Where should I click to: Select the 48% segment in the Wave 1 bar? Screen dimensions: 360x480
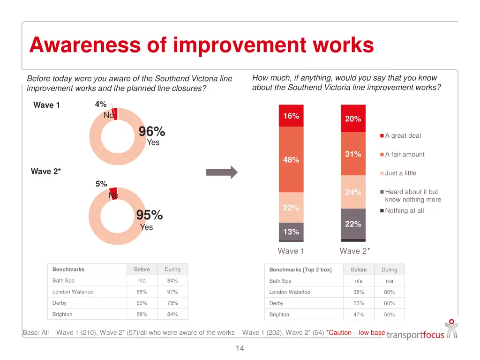(x=291, y=160)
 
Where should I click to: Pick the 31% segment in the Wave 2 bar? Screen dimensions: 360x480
(x=353, y=154)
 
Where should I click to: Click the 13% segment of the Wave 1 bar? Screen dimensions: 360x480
(x=291, y=232)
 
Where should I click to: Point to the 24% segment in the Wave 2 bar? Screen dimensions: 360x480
(x=353, y=192)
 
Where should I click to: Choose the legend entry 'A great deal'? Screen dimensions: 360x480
(x=402, y=136)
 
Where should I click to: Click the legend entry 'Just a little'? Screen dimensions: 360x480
(x=400, y=173)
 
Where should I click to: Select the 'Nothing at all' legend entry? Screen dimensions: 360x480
(x=404, y=211)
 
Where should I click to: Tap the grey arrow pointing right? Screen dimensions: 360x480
(x=222, y=172)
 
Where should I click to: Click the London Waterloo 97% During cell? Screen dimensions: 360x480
(x=172, y=292)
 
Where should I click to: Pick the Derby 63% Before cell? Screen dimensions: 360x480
(x=142, y=303)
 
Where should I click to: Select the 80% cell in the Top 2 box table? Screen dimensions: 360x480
(x=389, y=292)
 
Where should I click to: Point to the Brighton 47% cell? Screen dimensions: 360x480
(x=359, y=315)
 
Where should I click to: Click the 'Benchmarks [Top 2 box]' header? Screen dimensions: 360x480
(x=300, y=270)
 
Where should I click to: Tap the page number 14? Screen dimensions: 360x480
(x=240, y=348)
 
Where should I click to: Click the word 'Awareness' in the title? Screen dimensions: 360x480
(x=84, y=45)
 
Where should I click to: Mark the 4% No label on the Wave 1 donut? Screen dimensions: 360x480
(x=101, y=105)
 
